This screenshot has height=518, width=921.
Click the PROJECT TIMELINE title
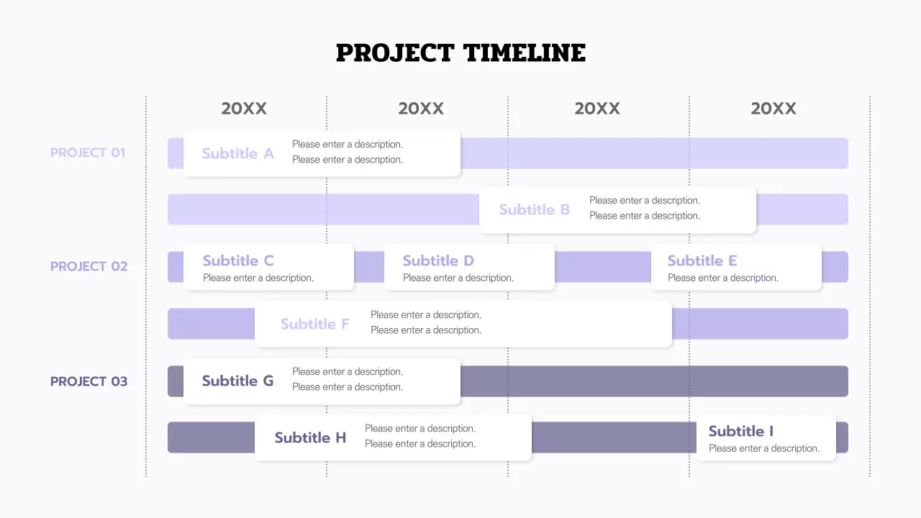click(x=460, y=53)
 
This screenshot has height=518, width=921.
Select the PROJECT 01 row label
click(x=88, y=153)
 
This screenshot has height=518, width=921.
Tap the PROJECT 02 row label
click(x=89, y=266)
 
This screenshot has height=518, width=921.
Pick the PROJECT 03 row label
click(x=89, y=381)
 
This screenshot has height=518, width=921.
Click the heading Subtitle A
click(x=237, y=153)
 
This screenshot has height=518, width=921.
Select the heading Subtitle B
click(x=534, y=209)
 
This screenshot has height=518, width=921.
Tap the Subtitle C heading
click(x=238, y=260)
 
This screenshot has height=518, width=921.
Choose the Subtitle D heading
click(x=438, y=260)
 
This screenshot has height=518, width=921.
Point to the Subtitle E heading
click(x=702, y=260)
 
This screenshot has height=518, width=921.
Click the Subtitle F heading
click(x=314, y=324)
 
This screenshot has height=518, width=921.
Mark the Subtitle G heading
click(x=237, y=381)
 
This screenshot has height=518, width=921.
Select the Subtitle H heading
click(x=310, y=437)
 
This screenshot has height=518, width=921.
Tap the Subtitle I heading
click(x=740, y=431)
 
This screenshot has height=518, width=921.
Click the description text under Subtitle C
click(x=258, y=278)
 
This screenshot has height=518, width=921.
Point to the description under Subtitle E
click(x=722, y=278)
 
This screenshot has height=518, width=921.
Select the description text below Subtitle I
click(x=763, y=448)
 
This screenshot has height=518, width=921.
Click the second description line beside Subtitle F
click(x=425, y=330)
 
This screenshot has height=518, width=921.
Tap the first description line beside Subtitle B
click(x=644, y=201)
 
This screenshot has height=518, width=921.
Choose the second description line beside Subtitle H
click(x=419, y=444)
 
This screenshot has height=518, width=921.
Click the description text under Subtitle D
click(x=458, y=278)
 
